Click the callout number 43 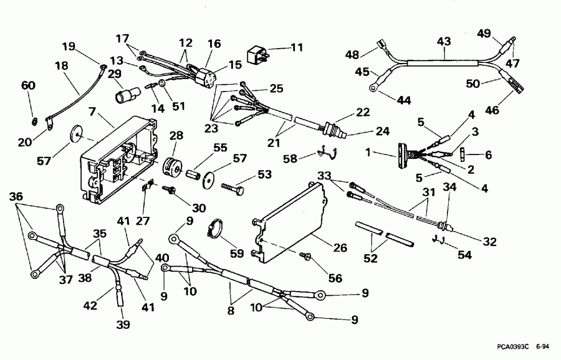pyautogui.click(x=443, y=40)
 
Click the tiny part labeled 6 pyautogui.click(x=463, y=153)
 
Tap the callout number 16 pyautogui.click(x=214, y=44)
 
